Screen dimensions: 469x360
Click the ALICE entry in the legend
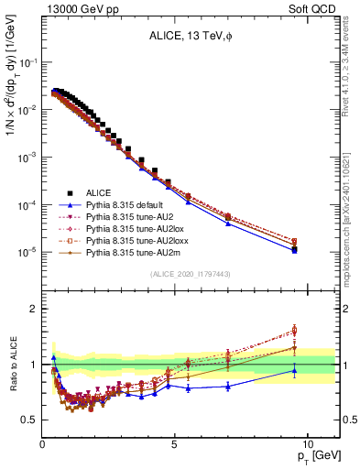99,192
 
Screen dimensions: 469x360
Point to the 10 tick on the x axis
307,442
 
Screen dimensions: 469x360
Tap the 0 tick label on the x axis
43,442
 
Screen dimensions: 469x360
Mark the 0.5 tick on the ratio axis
30,420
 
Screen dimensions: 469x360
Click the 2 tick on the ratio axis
35,309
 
